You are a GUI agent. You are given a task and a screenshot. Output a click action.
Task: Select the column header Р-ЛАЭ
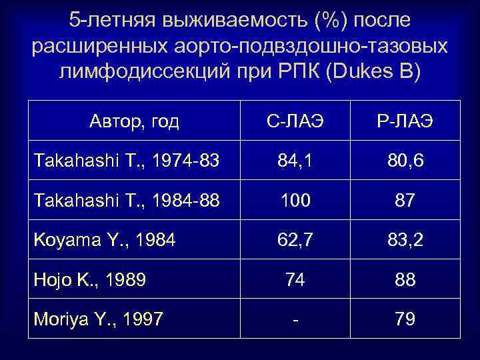405,122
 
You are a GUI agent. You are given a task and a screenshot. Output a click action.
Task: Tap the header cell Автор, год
134,121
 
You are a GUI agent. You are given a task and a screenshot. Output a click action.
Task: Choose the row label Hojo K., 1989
90,279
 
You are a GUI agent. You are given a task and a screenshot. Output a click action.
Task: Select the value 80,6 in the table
405,161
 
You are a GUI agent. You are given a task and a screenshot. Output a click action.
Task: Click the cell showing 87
405,201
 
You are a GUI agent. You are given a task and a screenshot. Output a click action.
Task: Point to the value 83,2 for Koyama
405,240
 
